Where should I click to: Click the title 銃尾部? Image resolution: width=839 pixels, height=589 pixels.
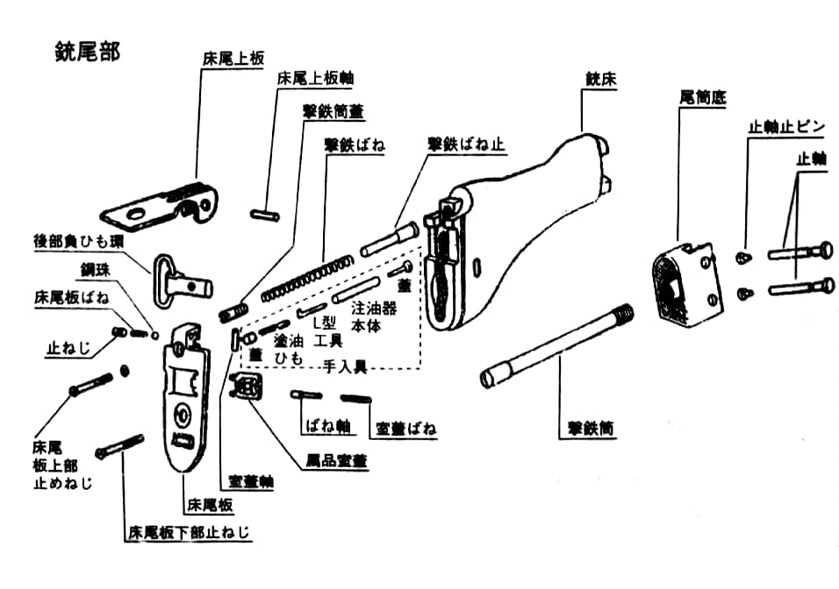coord(87,50)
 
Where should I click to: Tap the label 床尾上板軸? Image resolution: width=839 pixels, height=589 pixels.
coord(315,77)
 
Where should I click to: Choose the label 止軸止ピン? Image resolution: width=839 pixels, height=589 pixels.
coord(786,126)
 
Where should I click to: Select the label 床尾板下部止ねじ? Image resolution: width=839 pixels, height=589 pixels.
coord(190,532)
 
